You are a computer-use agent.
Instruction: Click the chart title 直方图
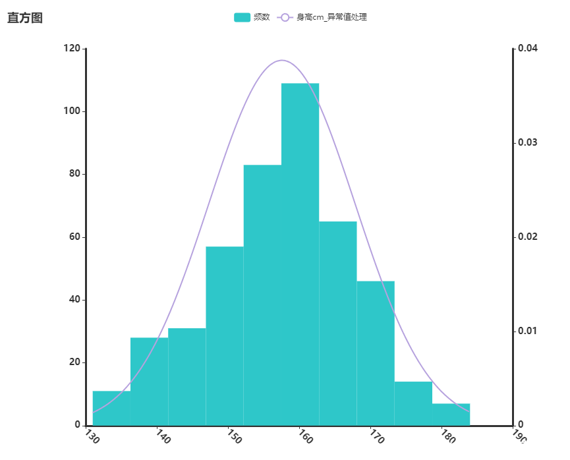[25, 18]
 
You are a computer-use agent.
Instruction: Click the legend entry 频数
[252, 17]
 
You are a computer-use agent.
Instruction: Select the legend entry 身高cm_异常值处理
[322, 17]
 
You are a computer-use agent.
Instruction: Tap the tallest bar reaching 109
[300, 254]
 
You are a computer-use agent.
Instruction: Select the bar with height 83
[262, 295]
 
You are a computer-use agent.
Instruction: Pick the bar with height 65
[337, 323]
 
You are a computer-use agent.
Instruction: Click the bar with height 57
[225, 335]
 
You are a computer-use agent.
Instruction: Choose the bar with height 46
[375, 353]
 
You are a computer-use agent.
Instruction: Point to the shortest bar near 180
[451, 414]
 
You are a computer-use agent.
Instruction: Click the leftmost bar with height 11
[111, 408]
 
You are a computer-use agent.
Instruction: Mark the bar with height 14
[413, 403]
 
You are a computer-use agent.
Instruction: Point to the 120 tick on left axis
[72, 49]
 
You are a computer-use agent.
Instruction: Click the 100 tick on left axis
[72, 111]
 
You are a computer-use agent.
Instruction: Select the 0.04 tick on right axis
[528, 49]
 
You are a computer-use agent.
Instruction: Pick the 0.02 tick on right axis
[528, 237]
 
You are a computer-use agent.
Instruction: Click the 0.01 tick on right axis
[528, 331]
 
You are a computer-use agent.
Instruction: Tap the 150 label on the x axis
[232, 436]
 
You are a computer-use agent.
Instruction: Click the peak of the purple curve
[282, 60]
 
